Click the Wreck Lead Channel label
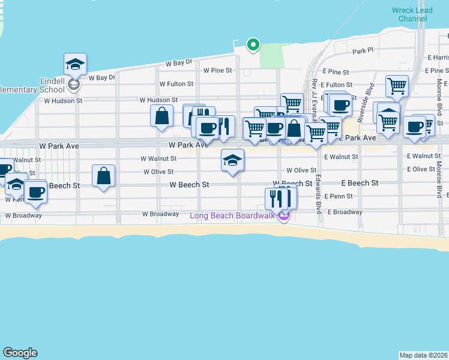coord(409,14)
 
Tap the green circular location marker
coord(253,44)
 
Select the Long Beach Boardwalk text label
coord(232,216)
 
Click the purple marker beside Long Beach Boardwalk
coord(284,215)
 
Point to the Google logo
coord(20,353)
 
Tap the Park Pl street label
coord(363,52)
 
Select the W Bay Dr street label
coord(179,62)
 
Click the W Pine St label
coord(217,70)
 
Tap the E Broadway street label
coord(343,212)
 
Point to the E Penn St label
coord(339,196)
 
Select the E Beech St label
coord(360,182)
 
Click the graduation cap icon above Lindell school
coord(76,64)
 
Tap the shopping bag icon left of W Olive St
coord(104,176)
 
